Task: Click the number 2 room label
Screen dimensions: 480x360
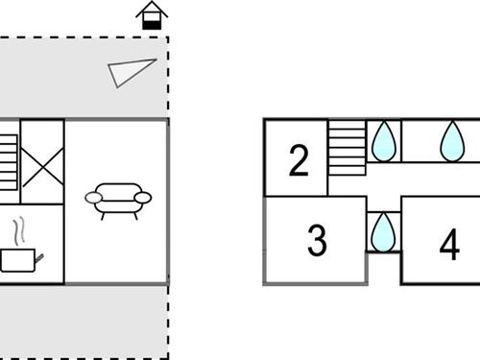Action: (299, 161)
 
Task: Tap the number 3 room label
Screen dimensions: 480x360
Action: (317, 241)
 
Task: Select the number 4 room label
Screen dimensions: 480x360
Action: (448, 246)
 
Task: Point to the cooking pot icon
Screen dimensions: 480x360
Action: (20, 259)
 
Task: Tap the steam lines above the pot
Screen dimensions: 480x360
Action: (20, 231)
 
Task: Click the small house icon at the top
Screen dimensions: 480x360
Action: (152, 15)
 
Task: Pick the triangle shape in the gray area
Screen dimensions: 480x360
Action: (129, 73)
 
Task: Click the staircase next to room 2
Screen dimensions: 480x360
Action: (347, 148)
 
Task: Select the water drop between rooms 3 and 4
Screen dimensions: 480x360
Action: (383, 230)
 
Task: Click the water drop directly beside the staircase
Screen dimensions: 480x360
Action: (383, 141)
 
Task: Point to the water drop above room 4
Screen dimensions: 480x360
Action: (451, 141)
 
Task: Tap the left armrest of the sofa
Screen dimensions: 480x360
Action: (94, 198)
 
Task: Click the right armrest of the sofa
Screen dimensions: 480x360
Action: (143, 198)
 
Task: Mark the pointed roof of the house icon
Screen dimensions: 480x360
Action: (152, 9)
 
